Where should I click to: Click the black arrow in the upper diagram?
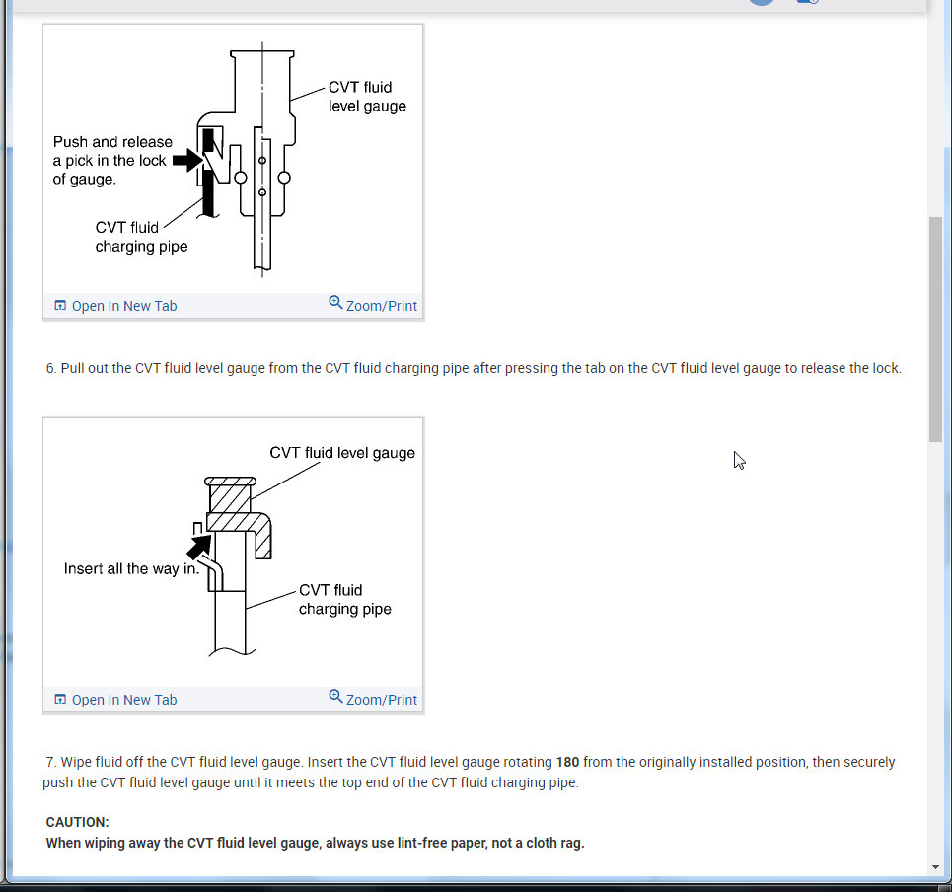(186, 161)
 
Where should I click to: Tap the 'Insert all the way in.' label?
(131, 569)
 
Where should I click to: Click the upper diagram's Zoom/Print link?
(373, 306)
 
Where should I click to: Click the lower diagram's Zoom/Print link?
(373, 700)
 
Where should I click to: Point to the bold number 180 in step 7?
(567, 762)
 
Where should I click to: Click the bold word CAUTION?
(78, 822)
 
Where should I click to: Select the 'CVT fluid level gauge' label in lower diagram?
(342, 453)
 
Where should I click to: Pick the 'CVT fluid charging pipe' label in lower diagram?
(345, 600)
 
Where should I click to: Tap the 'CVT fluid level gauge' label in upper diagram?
(367, 97)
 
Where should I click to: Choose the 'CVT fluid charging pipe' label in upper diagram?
(141, 237)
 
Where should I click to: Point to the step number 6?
(50, 368)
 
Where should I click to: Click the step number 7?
(50, 762)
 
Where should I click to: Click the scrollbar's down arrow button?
(936, 867)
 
